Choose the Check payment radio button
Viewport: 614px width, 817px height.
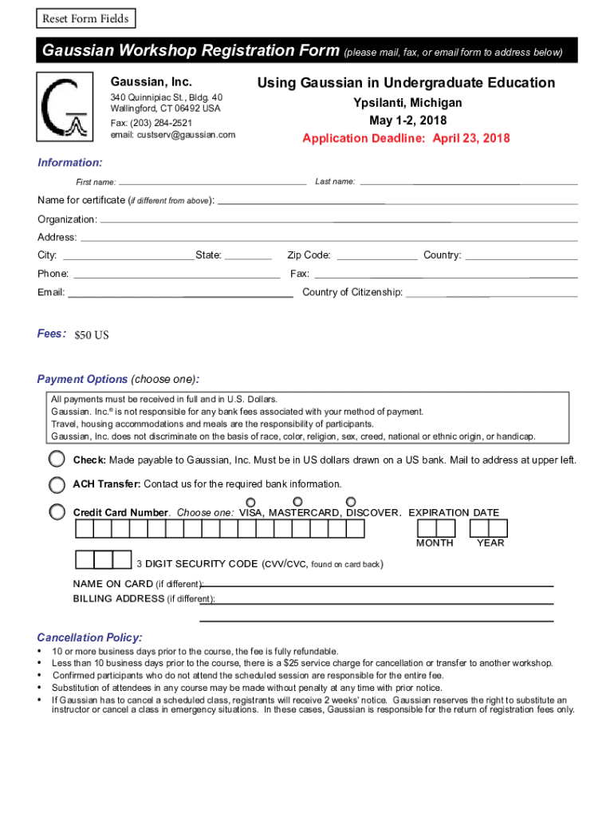(57, 460)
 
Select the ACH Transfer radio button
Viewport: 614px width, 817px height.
(57, 484)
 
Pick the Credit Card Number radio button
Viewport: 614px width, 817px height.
(57, 512)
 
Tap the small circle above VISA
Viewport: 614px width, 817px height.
(251, 502)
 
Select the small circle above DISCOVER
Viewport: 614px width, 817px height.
(351, 502)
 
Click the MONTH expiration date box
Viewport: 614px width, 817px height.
(435, 528)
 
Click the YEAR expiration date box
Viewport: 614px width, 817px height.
(489, 528)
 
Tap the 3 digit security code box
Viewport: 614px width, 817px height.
(103, 559)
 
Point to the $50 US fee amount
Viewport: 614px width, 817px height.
(91, 335)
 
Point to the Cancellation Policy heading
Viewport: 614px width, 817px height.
(90, 637)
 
